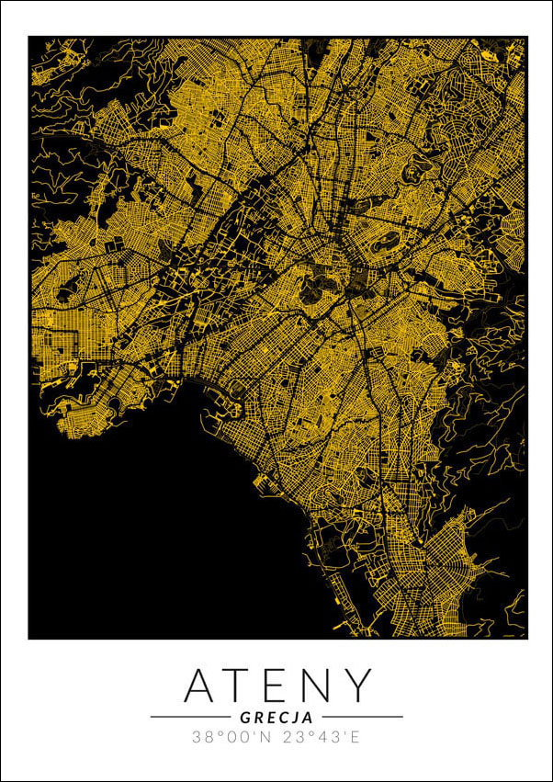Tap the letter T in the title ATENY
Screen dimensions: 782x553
point(242,686)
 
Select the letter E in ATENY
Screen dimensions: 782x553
point(278,686)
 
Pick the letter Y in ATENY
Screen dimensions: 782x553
point(358,686)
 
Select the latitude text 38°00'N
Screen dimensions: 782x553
point(231,737)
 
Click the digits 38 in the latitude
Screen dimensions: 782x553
point(202,737)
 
